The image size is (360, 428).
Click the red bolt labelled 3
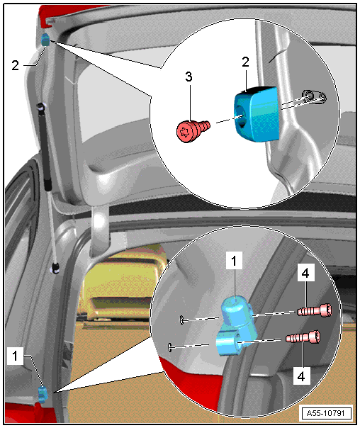click(x=193, y=130)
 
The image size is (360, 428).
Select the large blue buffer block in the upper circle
click(x=257, y=114)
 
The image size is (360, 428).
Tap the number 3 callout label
click(x=189, y=77)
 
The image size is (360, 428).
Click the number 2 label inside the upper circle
click(x=245, y=62)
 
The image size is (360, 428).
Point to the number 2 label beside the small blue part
click(x=16, y=65)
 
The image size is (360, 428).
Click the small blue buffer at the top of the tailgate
click(x=45, y=40)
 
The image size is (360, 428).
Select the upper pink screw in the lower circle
click(x=315, y=310)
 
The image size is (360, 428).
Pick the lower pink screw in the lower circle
click(x=303, y=337)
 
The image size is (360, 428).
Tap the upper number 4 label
click(x=305, y=272)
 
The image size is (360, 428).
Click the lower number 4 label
click(x=301, y=376)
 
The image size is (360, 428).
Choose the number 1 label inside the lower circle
click(x=234, y=261)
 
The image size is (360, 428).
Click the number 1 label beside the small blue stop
click(x=15, y=356)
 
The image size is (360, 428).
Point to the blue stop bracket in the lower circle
click(x=236, y=326)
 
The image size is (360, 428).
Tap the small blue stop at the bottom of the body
click(x=42, y=394)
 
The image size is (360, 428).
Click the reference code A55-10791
click(x=325, y=413)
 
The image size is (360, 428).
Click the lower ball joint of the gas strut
click(x=56, y=268)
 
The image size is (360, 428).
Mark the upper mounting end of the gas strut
click(x=42, y=107)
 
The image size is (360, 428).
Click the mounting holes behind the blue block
click(x=314, y=97)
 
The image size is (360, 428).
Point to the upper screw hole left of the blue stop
click(x=182, y=320)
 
